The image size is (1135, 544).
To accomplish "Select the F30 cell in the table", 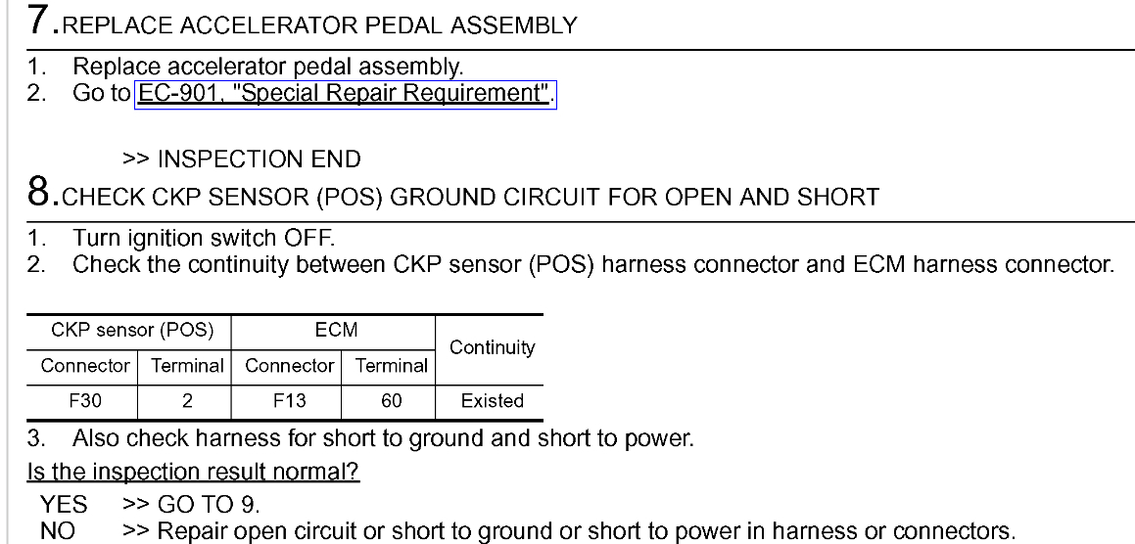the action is coord(85,400).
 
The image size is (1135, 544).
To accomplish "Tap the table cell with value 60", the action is coord(391,400).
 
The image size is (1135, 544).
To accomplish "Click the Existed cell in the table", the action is coord(492,400).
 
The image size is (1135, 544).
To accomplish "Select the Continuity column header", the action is coord(492,348).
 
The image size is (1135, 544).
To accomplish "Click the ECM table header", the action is coord(336,331).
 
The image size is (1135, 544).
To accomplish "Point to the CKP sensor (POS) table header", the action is coord(133,331).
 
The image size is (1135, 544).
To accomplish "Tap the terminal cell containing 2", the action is coord(186,400).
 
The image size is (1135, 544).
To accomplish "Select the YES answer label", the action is coord(64,507).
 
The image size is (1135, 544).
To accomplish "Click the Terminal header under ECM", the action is coord(391,366).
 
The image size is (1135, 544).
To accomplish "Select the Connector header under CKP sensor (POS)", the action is coord(85,366).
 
